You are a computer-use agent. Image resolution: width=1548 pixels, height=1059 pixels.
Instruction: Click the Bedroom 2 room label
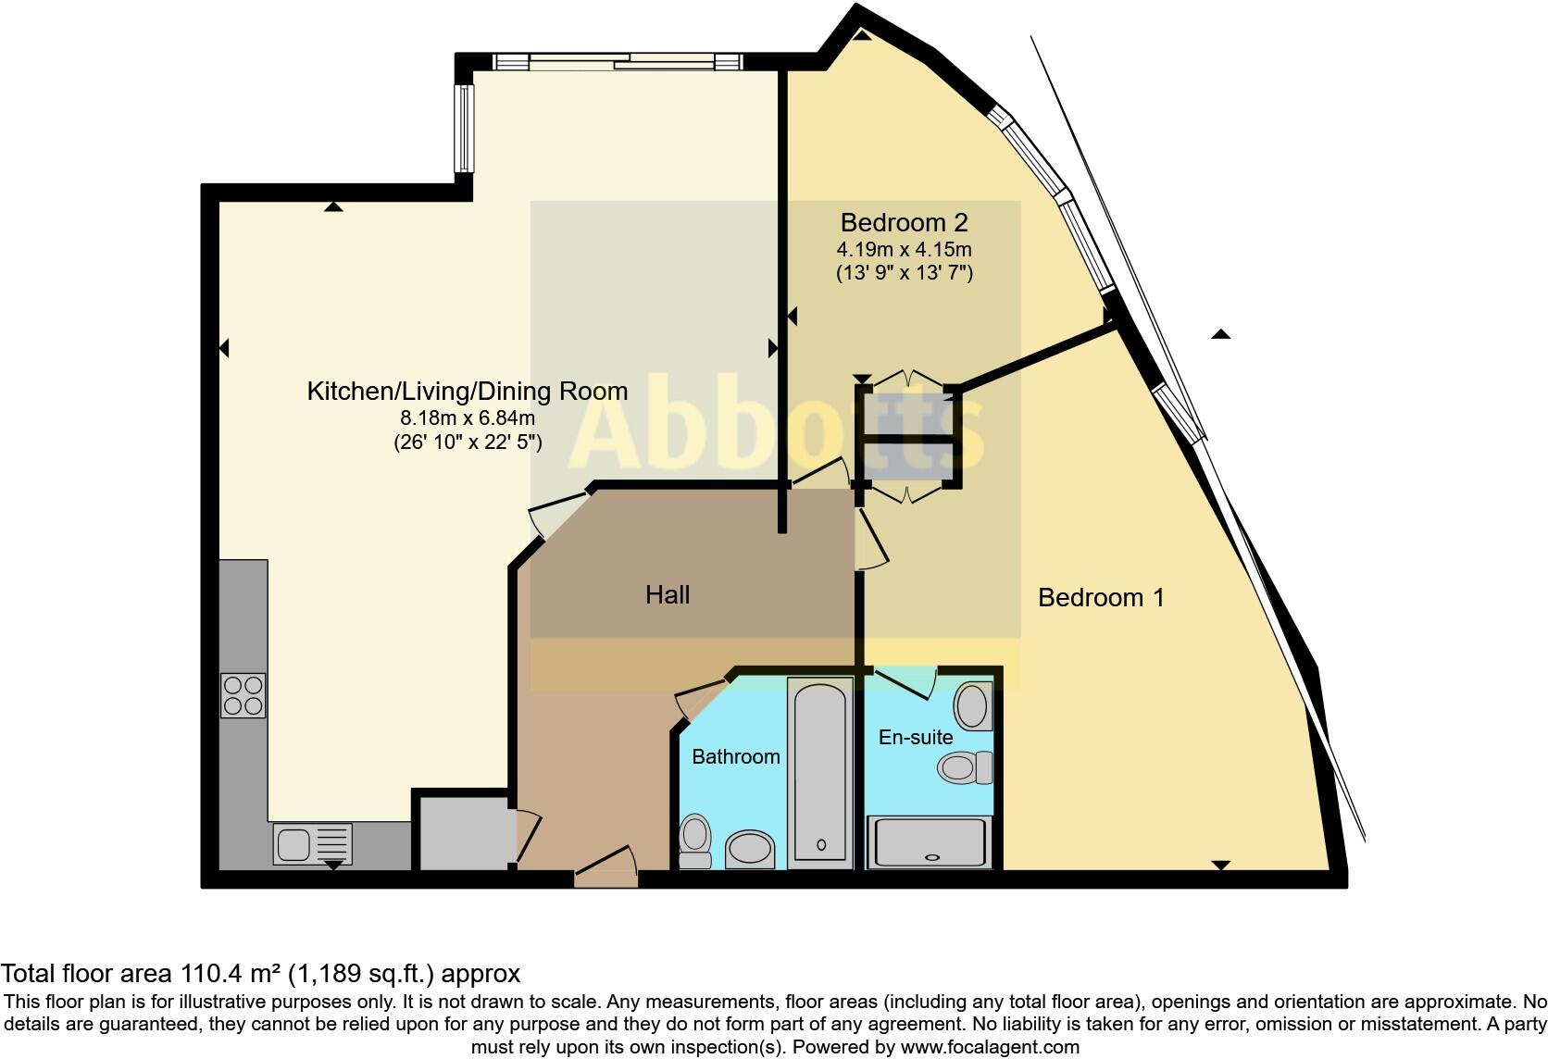pyautogui.click(x=904, y=222)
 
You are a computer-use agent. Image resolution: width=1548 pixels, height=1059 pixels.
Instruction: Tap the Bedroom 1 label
pyautogui.click(x=1101, y=597)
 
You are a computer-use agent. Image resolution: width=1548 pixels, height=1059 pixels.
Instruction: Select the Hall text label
pyautogui.click(x=668, y=594)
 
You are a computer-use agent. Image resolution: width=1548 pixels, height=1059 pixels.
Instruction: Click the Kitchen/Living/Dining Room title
pyautogui.click(x=467, y=391)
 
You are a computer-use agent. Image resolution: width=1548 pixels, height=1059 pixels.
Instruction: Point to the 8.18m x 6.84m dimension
pyautogui.click(x=467, y=418)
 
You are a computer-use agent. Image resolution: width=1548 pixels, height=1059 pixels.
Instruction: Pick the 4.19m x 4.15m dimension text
pyautogui.click(x=904, y=249)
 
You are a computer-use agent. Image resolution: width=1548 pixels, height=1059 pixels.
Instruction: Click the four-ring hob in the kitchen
pyautogui.click(x=243, y=695)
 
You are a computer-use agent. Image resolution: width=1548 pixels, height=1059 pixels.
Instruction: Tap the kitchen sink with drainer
pyautogui.click(x=312, y=844)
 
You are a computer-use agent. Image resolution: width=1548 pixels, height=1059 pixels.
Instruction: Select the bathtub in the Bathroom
pyautogui.click(x=820, y=773)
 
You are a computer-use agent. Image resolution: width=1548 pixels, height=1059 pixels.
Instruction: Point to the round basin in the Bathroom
pyautogui.click(x=749, y=847)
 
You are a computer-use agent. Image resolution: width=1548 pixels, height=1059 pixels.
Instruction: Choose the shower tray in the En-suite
pyautogui.click(x=929, y=842)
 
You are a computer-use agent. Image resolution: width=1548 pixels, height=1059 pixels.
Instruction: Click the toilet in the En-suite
pyautogui.click(x=965, y=767)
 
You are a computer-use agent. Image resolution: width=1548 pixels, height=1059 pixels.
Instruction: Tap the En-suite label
pyautogui.click(x=915, y=737)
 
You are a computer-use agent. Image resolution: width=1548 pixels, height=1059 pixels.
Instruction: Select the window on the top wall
pyautogui.click(x=618, y=62)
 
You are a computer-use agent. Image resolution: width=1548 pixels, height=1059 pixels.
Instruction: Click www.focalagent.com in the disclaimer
pyautogui.click(x=990, y=1047)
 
